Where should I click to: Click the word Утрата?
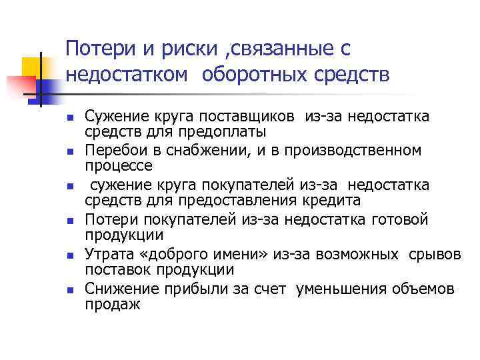109,254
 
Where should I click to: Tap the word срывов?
437,254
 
